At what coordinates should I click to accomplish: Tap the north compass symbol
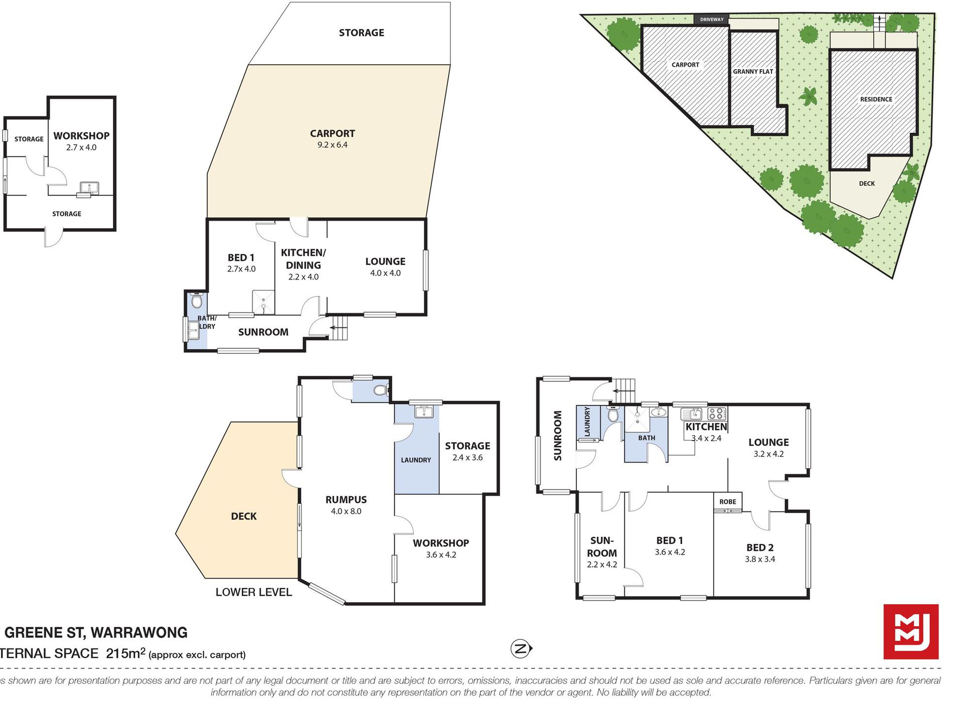coord(521,649)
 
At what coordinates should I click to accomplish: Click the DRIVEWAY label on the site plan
coord(712,20)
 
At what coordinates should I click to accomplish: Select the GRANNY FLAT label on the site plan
coord(753,72)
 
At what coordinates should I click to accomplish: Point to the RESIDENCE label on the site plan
coord(876,99)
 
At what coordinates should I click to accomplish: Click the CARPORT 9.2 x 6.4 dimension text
coord(332,145)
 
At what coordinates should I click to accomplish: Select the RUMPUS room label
coord(346,500)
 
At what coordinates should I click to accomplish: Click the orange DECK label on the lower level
coord(244,516)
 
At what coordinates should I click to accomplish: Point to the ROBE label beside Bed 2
coord(728,502)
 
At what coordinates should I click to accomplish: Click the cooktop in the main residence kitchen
coord(717,414)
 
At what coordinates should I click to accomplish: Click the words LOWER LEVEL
coord(254,592)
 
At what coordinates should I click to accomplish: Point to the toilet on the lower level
coord(382,390)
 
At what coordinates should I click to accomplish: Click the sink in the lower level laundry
coord(424,411)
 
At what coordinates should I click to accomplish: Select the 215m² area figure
coord(125,653)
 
